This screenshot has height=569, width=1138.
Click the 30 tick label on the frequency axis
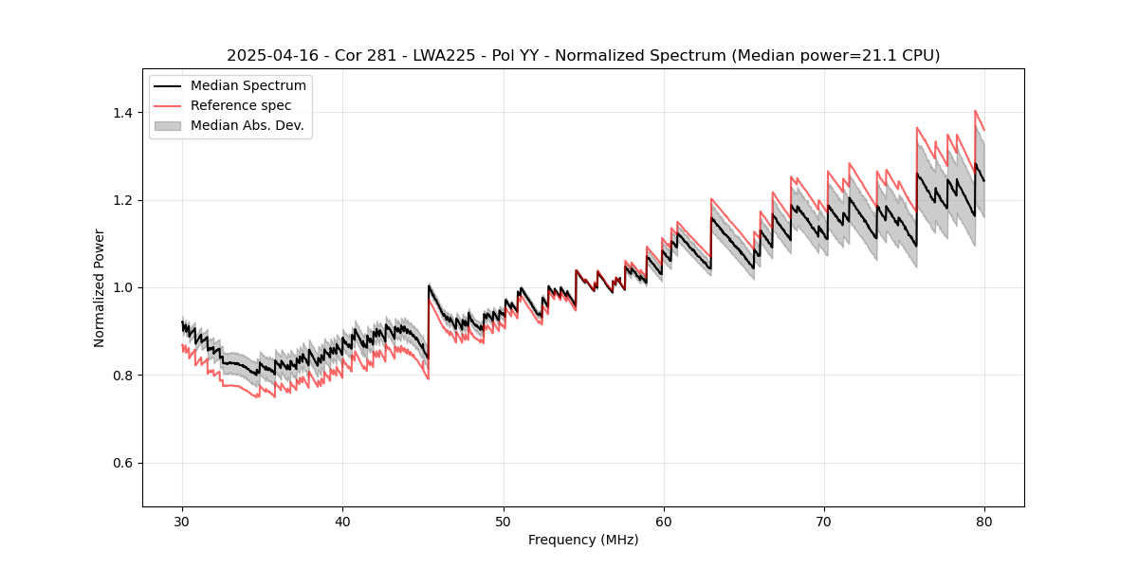pos(182,522)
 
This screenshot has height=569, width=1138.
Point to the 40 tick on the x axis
pos(342,522)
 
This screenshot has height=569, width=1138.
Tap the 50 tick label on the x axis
pos(503,522)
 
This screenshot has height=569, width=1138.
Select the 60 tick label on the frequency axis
pos(663,522)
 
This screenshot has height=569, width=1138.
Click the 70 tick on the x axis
pos(824,522)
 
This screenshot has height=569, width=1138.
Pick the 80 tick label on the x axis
pos(984,522)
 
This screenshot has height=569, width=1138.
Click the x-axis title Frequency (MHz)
pos(583,540)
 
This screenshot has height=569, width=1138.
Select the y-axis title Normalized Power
pos(100,287)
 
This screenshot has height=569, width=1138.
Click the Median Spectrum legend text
pos(248,86)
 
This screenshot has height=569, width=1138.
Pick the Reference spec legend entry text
pos(241,105)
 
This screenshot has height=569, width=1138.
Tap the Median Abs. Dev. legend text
pos(248,125)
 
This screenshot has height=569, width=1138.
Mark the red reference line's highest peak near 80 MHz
pos(975,111)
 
